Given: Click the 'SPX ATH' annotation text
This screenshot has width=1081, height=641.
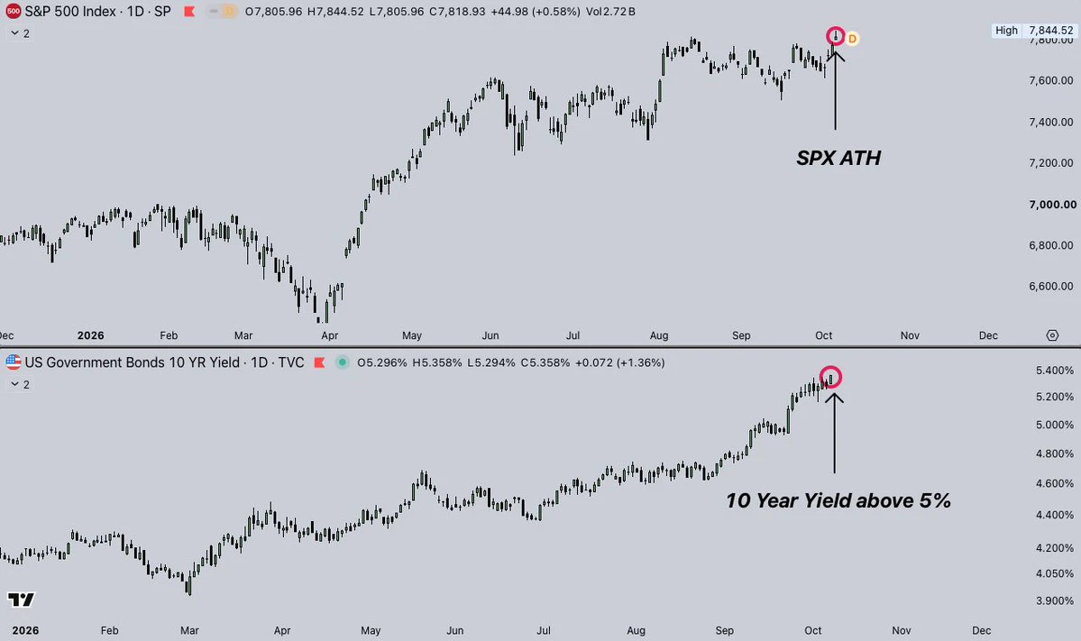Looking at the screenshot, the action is tap(838, 158).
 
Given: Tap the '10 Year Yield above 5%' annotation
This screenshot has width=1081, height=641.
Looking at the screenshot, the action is tap(838, 500).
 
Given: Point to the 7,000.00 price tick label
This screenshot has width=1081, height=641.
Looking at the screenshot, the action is tap(1052, 204).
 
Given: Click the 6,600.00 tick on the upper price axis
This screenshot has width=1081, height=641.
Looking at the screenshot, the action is tap(1050, 286).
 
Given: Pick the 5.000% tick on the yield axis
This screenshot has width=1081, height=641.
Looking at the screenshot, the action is tap(1054, 425).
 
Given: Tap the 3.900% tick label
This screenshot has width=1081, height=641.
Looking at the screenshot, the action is tap(1054, 600).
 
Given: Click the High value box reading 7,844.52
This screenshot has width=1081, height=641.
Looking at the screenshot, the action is tap(1033, 31).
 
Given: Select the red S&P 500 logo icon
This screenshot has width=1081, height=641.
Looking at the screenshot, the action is tap(14, 11).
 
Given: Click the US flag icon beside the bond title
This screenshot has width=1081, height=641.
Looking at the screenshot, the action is tap(14, 362).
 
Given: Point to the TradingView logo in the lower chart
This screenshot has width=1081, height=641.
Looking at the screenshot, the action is tap(21, 600).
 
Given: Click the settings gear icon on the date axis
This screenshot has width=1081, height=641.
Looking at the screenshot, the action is tap(1052, 335).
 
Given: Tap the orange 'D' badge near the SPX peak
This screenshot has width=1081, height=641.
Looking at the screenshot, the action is tap(852, 39).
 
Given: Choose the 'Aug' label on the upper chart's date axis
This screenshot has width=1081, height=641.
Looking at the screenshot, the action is tap(659, 335).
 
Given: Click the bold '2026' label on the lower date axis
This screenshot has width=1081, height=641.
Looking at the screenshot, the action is tap(25, 630).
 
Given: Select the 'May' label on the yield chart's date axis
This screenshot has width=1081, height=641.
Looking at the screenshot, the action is tap(371, 630).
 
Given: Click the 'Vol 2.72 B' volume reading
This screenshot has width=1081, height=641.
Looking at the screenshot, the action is tap(610, 12).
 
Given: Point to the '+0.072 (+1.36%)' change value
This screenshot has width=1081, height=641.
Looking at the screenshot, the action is tap(619, 362).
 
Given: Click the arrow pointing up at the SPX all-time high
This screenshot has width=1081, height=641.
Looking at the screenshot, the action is tap(835, 87).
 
